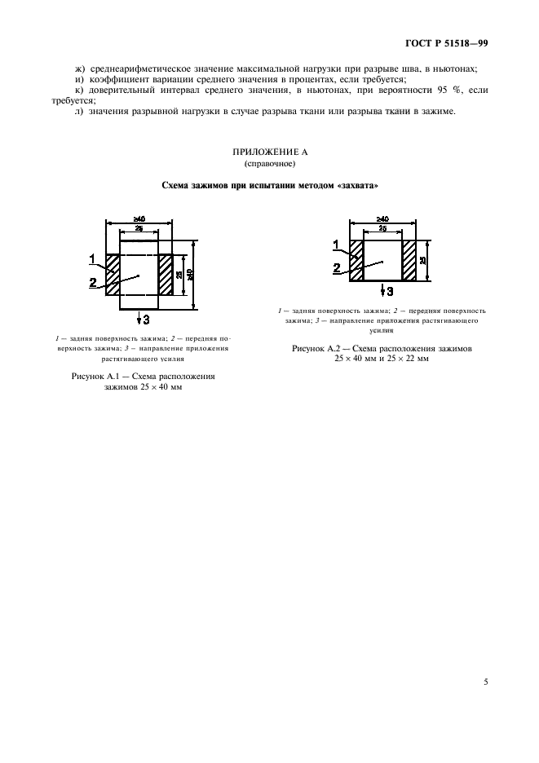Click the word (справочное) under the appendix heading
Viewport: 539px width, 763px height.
pyautogui.click(x=268, y=164)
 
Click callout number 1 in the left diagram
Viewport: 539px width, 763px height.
pyautogui.click(x=93, y=259)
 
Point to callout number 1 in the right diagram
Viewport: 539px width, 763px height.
pyautogui.click(x=336, y=245)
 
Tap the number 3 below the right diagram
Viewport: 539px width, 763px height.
pyautogui.click(x=391, y=291)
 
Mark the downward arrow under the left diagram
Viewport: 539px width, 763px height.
pyautogui.click(x=139, y=316)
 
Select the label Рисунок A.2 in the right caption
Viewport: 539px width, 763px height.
pyautogui.click(x=316, y=348)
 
